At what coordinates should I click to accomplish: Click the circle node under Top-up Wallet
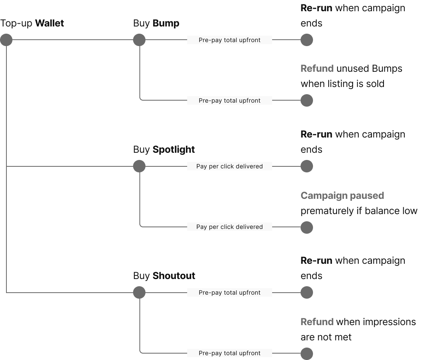coord(6,40)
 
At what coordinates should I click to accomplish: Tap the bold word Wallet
coord(50,23)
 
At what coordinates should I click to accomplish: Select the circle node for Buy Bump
coord(139,40)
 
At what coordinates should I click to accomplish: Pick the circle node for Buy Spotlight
coord(139,166)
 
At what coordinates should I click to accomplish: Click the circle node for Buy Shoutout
coord(139,293)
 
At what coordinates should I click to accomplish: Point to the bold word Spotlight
coord(174,150)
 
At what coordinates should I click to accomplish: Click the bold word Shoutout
coord(174,276)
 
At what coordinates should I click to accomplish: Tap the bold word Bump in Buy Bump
coord(166,23)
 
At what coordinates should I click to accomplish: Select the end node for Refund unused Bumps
coord(307,101)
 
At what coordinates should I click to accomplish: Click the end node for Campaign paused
coord(307,227)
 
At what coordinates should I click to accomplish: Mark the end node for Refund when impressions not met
coord(307,354)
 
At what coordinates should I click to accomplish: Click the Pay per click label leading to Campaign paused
coord(230,227)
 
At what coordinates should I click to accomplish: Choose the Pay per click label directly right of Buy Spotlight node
coord(230,166)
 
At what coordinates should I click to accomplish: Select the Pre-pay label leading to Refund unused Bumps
coord(230,101)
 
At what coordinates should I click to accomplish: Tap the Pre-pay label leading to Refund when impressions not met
coord(230,353)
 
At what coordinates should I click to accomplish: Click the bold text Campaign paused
coord(342,196)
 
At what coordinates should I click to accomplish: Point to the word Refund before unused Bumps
coord(317,69)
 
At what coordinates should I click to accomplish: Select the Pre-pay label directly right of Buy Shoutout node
coord(230,293)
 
